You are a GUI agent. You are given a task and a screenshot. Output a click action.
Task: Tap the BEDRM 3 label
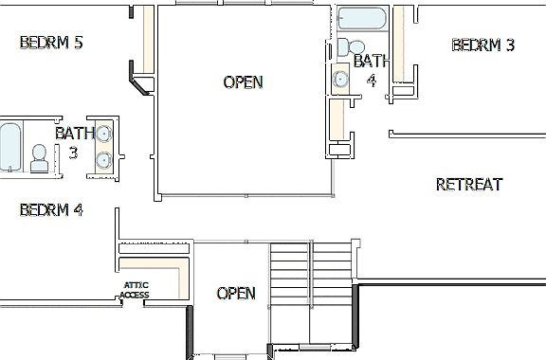click(482, 45)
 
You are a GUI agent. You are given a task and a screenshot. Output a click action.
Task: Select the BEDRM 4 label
click(51, 209)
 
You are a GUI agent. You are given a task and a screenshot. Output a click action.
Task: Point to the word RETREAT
click(468, 185)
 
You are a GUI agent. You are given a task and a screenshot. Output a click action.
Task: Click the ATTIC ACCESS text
click(135, 290)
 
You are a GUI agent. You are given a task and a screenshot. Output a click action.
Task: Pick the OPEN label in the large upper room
click(243, 82)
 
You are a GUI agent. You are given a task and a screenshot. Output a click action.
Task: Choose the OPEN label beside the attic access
click(236, 294)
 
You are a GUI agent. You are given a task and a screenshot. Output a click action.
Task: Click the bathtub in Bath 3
click(10, 149)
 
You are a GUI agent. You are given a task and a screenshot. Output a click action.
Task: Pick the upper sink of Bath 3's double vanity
click(102, 134)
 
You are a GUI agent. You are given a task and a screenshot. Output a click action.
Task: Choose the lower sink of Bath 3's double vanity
click(102, 161)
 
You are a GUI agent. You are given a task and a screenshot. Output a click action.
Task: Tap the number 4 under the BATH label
click(372, 81)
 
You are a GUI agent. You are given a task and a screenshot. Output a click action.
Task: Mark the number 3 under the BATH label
click(73, 152)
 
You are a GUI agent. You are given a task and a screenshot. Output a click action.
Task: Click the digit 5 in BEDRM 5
click(77, 43)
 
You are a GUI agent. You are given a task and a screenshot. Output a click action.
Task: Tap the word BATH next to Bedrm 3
click(369, 62)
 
